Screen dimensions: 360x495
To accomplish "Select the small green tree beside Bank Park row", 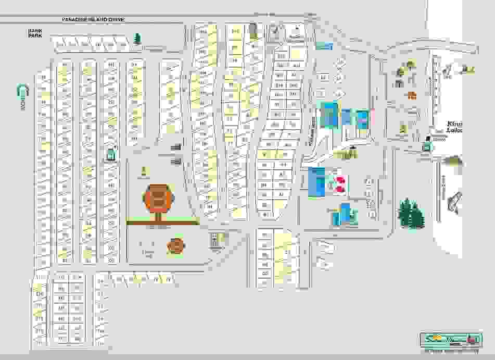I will [137, 39].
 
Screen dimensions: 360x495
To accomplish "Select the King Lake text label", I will [454, 127].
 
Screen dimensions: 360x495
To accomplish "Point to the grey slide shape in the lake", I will [454, 201].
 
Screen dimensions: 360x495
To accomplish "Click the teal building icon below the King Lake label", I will [426, 148].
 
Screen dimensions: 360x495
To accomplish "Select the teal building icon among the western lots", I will [110, 155].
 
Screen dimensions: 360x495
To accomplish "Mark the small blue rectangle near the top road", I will [323, 46].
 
